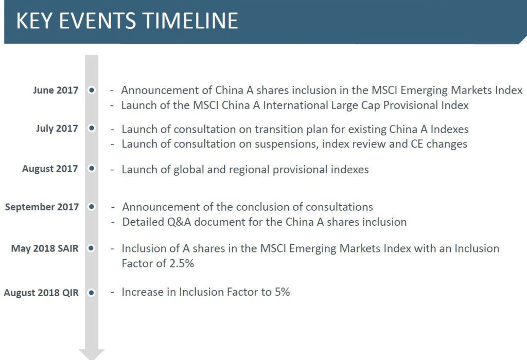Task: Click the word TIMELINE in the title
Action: (x=190, y=21)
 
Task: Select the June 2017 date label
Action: (x=56, y=90)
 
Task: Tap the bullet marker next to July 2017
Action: (x=92, y=128)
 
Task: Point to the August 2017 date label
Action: (x=50, y=169)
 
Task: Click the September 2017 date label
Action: (x=42, y=207)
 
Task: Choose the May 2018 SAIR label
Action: (x=45, y=248)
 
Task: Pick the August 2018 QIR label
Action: (x=41, y=293)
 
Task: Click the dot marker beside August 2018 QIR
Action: (x=92, y=293)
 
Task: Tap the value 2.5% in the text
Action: (x=182, y=263)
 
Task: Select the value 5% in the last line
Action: (x=283, y=292)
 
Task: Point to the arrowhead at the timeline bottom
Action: (x=92, y=354)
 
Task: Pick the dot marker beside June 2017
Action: (x=92, y=90)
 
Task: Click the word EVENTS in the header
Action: (x=97, y=21)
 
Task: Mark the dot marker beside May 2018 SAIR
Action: (x=92, y=248)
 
